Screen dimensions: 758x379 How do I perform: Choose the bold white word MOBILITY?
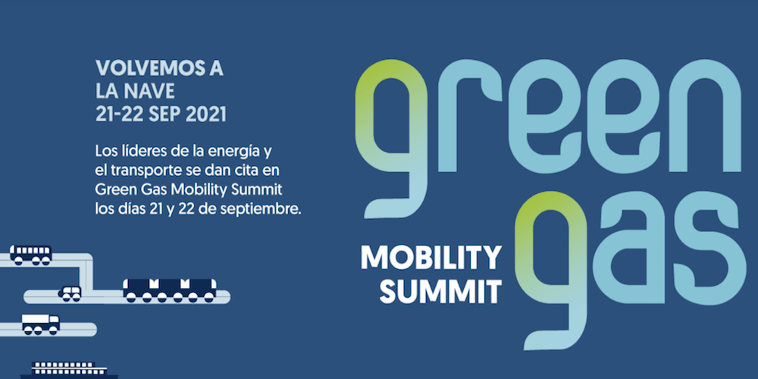coord(431,258)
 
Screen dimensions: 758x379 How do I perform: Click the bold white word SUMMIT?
coord(440,292)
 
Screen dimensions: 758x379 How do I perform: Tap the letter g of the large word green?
coord(392,138)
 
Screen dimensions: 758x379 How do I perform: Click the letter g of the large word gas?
coord(552,271)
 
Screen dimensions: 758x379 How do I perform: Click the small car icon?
coord(70,293)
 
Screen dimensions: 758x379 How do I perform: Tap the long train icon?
coord(170,290)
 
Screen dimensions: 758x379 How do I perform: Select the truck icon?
coord(41,324)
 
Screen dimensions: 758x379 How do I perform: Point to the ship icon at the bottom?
coord(69,371)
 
